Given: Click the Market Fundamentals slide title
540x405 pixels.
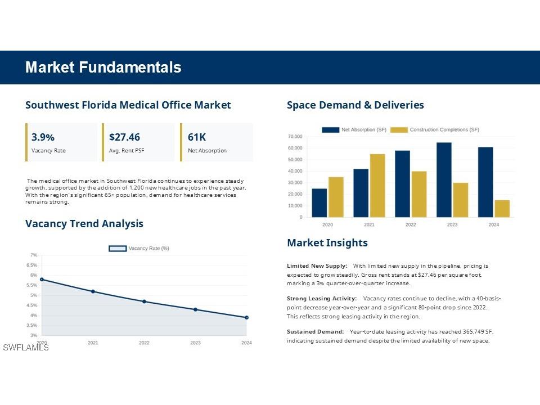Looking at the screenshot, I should click(103, 67).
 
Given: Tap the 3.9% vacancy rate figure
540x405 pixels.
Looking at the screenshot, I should click(43, 137).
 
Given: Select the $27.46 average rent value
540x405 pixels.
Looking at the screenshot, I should click(124, 137).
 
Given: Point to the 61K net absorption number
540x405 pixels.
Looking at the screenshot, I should click(197, 137).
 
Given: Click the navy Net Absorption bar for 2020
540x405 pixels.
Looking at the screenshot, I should click(319, 202).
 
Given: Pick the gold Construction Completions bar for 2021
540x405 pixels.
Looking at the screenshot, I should click(377, 185).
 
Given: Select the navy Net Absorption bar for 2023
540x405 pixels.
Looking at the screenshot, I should click(444, 179).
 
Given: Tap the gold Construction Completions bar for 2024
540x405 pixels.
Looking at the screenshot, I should click(502, 208).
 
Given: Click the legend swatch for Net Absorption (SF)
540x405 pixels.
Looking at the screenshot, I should click(330, 130).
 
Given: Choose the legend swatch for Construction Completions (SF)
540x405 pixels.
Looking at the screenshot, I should click(399, 130).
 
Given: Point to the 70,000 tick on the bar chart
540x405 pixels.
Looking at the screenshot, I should click(295, 137).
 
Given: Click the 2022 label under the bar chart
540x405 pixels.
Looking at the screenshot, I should click(411, 224).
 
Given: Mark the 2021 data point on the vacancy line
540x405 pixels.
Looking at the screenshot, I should click(93, 291).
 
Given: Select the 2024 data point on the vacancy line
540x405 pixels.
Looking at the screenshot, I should click(246, 317).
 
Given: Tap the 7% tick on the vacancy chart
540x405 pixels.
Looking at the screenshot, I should click(34, 255).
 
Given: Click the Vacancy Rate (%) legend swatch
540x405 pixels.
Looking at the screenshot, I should click(117, 248).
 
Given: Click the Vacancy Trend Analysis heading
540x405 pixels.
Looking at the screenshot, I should click(84, 224).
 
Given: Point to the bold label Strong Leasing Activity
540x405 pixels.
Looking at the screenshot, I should click(321, 298).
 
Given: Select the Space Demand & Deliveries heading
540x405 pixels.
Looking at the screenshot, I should click(355, 105).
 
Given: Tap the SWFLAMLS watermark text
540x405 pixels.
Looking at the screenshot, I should click(26, 348).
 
